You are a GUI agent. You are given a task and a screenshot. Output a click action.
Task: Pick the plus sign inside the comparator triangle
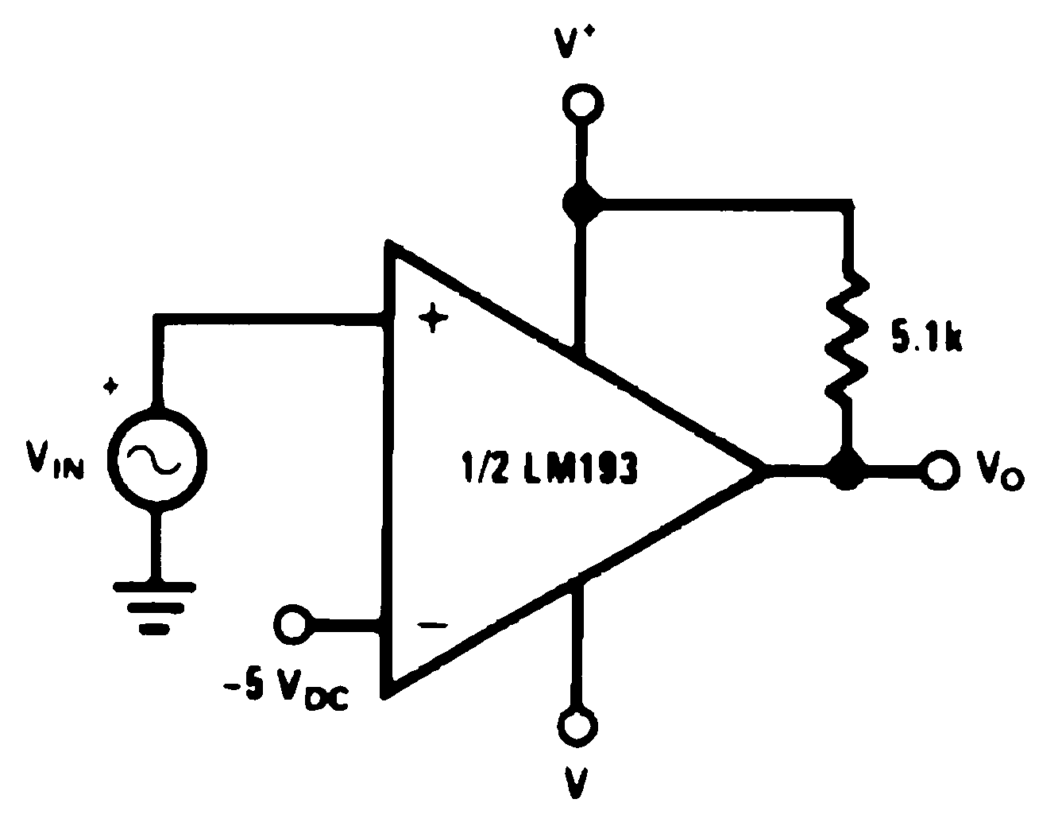point(433,319)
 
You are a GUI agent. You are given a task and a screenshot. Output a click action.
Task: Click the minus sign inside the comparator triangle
point(433,626)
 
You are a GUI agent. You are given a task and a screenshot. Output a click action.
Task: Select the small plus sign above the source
point(112,386)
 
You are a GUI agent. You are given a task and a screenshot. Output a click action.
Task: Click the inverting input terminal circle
point(292,622)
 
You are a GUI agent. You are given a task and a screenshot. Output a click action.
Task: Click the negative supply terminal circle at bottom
point(577,725)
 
